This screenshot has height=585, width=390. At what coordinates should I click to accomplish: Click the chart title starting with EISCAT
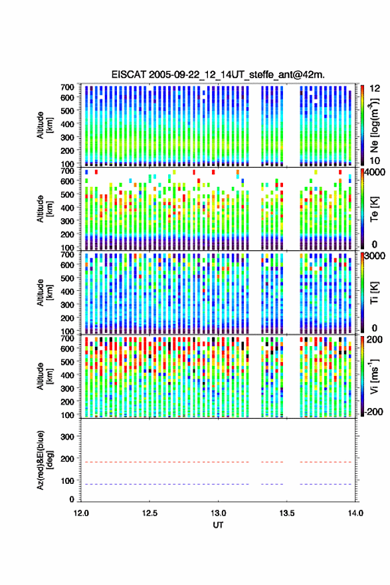pyautogui.click(x=218, y=75)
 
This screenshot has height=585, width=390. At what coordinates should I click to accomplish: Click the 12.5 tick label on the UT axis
pyautogui.click(x=149, y=513)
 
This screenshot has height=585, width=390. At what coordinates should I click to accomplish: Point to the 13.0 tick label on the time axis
pyautogui.click(x=218, y=513)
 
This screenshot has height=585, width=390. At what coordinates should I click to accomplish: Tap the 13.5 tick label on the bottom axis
pyautogui.click(x=286, y=513)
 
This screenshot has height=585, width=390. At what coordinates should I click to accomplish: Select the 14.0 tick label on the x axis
pyautogui.click(x=355, y=513)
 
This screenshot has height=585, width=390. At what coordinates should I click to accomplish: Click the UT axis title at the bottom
pyautogui.click(x=218, y=525)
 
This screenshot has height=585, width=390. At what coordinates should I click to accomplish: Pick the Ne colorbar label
pyautogui.click(x=374, y=125)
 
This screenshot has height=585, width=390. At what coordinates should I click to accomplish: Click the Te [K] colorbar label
pyautogui.click(x=374, y=209)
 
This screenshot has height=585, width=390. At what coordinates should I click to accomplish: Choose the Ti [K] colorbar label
pyautogui.click(x=374, y=293)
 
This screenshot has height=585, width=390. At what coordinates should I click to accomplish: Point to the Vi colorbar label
pyautogui.click(x=374, y=376)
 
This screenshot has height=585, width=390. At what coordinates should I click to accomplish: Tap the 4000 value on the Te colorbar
pyautogui.click(x=375, y=172)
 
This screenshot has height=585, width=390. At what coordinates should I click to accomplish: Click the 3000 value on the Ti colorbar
pyautogui.click(x=375, y=256)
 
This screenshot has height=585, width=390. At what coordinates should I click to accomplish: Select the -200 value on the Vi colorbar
pyautogui.click(x=374, y=412)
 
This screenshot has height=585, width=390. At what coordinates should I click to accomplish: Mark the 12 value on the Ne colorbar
pyautogui.click(x=375, y=89)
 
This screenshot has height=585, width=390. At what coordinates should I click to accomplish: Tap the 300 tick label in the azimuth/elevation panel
pyautogui.click(x=67, y=437)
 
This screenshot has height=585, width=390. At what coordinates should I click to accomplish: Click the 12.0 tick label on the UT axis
pyautogui.click(x=81, y=513)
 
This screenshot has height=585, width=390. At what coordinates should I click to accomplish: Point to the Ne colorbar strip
pyautogui.click(x=362, y=125)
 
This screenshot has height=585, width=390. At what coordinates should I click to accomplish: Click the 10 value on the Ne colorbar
pyautogui.click(x=375, y=161)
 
